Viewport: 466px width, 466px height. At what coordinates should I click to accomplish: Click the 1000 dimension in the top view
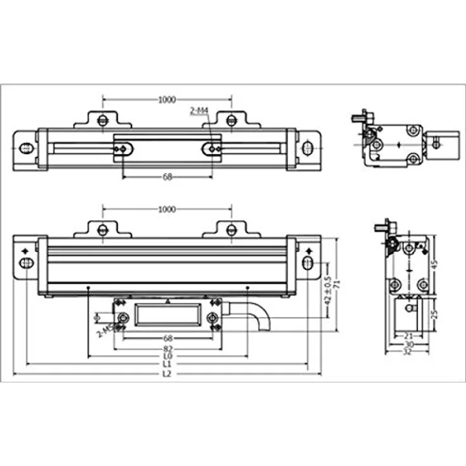pyautogui.click(x=167, y=99)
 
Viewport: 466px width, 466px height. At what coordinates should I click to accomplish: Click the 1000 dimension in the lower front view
pyautogui.click(x=167, y=209)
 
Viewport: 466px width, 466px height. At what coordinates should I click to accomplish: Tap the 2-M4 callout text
pyautogui.click(x=199, y=111)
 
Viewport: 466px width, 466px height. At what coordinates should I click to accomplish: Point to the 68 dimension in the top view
pyautogui.click(x=167, y=177)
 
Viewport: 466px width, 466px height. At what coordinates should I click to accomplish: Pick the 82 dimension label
pyautogui.click(x=167, y=349)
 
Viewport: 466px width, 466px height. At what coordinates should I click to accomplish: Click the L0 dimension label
pyautogui.click(x=167, y=357)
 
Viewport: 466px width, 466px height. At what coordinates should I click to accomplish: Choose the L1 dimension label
pyautogui.click(x=167, y=365)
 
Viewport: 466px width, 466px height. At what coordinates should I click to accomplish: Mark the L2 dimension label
pyautogui.click(x=167, y=374)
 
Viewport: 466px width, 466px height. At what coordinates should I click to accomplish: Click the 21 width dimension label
pyautogui.click(x=408, y=336)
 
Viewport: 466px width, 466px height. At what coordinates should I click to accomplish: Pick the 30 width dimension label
pyautogui.click(x=408, y=344)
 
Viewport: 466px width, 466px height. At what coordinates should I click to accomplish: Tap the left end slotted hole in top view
pyautogui.click(x=25, y=149)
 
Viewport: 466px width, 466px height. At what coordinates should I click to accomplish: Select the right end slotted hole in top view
pyautogui.click(x=308, y=149)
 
